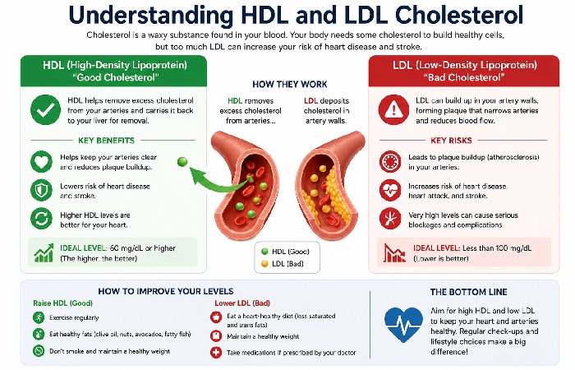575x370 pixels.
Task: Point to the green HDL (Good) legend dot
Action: click(264, 250)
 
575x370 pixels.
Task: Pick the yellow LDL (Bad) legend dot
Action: click(264, 262)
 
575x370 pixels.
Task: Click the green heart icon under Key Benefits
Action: click(39, 162)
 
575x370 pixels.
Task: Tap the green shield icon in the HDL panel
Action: click(39, 191)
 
